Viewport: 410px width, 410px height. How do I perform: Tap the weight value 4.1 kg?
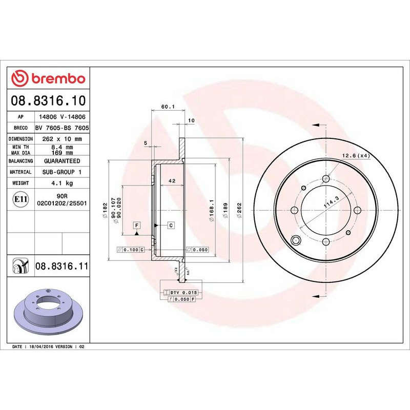(63, 183)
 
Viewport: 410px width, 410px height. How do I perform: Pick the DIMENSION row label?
(21, 139)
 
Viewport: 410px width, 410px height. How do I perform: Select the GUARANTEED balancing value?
(62, 161)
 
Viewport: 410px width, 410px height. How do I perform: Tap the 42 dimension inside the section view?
(172, 180)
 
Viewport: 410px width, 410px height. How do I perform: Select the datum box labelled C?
(170, 225)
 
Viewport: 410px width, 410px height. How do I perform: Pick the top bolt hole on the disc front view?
(325, 179)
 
